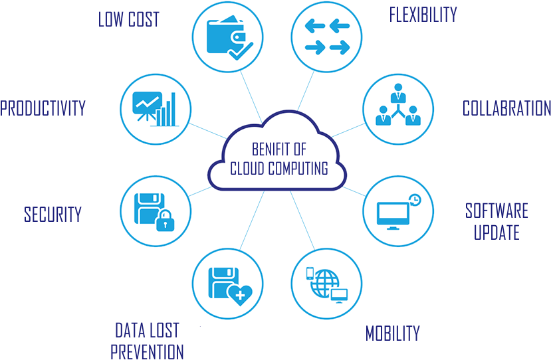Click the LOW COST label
tap(129, 19)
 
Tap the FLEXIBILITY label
tap(423, 14)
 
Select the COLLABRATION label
tap(506, 108)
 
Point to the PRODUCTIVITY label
tap(43, 108)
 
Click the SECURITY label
tap(53, 215)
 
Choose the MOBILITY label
tap(392, 333)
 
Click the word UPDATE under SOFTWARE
tap(496, 232)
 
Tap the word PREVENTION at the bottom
tap(147, 351)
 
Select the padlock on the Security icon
tap(163, 222)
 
